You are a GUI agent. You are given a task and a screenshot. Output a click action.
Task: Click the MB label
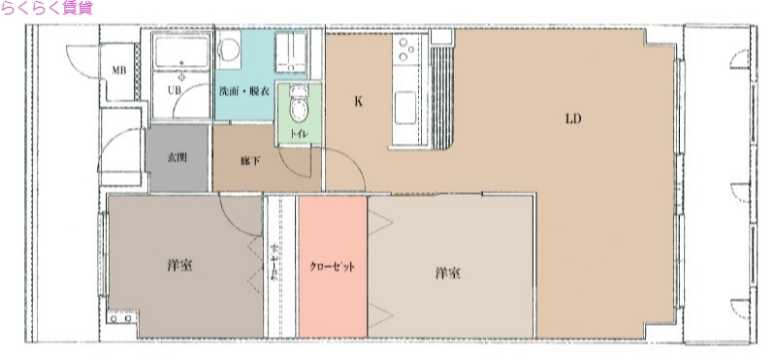(117, 71)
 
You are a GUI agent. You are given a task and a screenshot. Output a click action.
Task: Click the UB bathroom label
(175, 90)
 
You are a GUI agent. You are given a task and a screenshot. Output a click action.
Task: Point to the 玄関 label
(177, 156)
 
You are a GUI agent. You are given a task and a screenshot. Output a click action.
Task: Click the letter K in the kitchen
(358, 101)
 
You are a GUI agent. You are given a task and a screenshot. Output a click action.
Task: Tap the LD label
(573, 119)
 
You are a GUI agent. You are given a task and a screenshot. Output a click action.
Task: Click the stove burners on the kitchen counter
(404, 49)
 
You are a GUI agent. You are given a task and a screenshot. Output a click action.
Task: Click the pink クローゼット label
(332, 266)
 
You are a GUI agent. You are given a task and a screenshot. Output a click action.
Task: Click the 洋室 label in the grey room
(178, 266)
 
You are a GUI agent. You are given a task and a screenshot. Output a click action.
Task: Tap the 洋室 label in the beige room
(447, 273)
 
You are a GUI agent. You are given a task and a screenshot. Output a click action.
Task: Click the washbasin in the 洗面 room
(290, 53)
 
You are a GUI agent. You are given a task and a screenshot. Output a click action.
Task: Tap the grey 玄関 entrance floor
(176, 171)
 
